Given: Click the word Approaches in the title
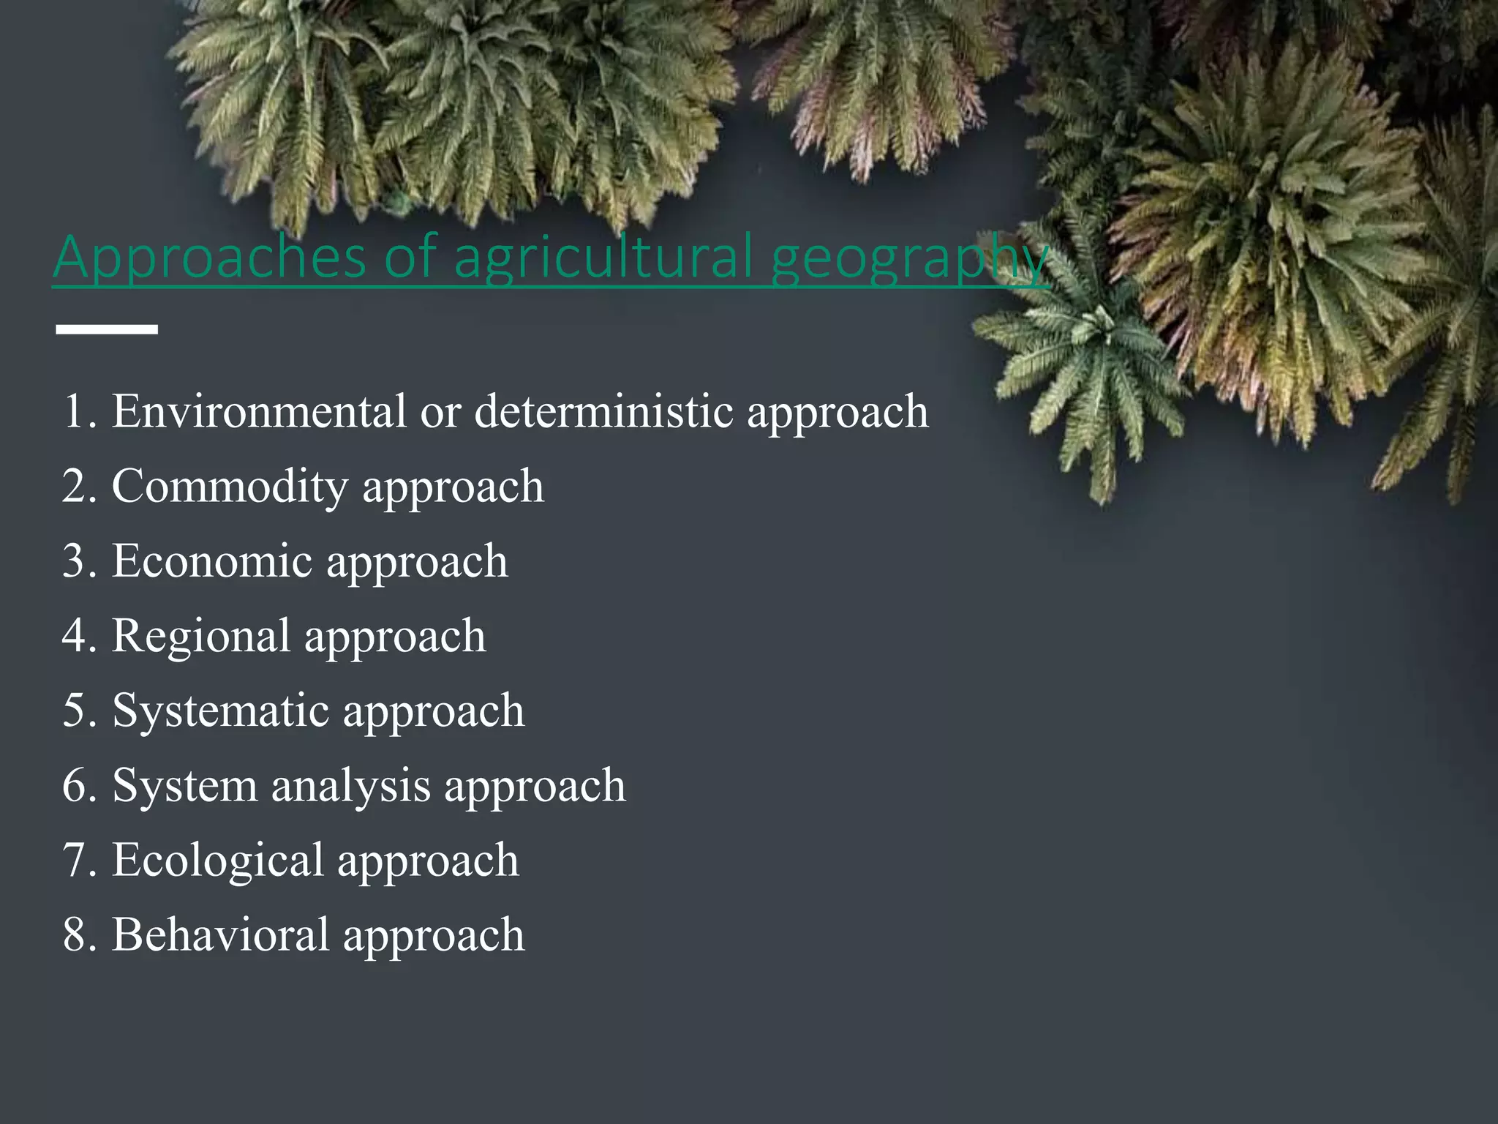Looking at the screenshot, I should [x=209, y=257].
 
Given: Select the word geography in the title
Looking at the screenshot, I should [x=910, y=258].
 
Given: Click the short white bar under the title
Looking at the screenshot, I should [x=107, y=329].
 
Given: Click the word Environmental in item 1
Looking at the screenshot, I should [x=258, y=411].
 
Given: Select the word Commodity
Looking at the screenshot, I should [x=230, y=487].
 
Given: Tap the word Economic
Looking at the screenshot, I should [x=211, y=561].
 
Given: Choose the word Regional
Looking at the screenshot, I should [x=200, y=636].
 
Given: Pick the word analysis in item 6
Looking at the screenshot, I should [x=350, y=786].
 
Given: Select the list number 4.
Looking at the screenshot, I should [x=77, y=636].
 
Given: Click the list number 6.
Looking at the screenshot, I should [x=77, y=786].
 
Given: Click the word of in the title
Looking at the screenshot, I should [x=410, y=257].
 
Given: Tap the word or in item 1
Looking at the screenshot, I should [x=440, y=412].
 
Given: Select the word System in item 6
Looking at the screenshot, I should [x=184, y=786].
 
